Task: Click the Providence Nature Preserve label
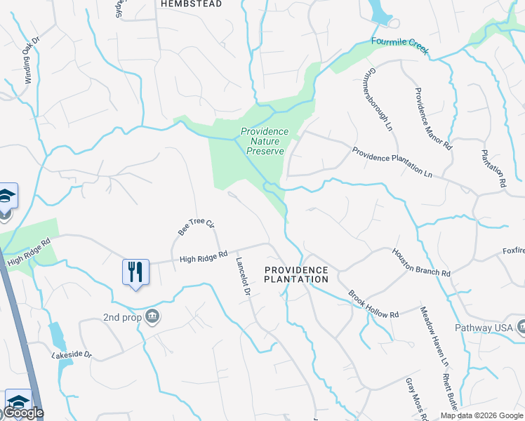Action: tap(265, 141)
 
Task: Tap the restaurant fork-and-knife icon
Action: tap(135, 272)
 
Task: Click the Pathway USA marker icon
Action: tap(520, 327)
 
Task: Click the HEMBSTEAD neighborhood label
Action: tap(191, 4)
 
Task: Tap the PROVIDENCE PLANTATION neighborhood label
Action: tap(295, 274)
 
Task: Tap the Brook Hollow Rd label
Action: tap(373, 305)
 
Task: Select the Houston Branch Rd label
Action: tap(420, 262)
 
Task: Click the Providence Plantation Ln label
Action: tap(397, 162)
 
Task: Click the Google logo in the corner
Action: tap(23, 413)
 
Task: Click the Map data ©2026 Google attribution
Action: tap(482, 415)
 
